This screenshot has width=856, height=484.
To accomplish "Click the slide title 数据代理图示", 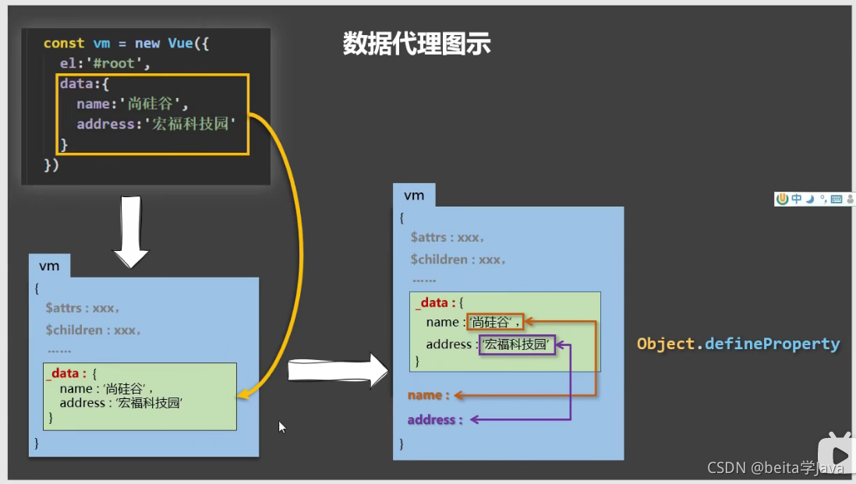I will [416, 44].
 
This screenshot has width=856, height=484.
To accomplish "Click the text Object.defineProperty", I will [738, 344].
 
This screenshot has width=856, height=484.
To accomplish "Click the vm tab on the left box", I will [49, 266].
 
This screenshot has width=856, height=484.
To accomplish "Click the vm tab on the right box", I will [414, 195].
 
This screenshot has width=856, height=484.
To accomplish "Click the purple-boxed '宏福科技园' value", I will [517, 344].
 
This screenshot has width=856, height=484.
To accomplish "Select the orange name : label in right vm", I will [428, 395].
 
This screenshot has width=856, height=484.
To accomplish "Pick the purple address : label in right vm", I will [435, 419].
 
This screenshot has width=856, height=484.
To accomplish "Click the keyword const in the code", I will [64, 44].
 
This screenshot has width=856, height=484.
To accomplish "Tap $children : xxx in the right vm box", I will [458, 259].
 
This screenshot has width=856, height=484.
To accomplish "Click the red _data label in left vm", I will [65, 373].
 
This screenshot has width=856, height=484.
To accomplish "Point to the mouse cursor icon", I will [282, 426].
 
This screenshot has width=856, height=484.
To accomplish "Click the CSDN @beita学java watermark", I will [775, 468].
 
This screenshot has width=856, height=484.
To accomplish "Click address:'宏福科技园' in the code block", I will [156, 124].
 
